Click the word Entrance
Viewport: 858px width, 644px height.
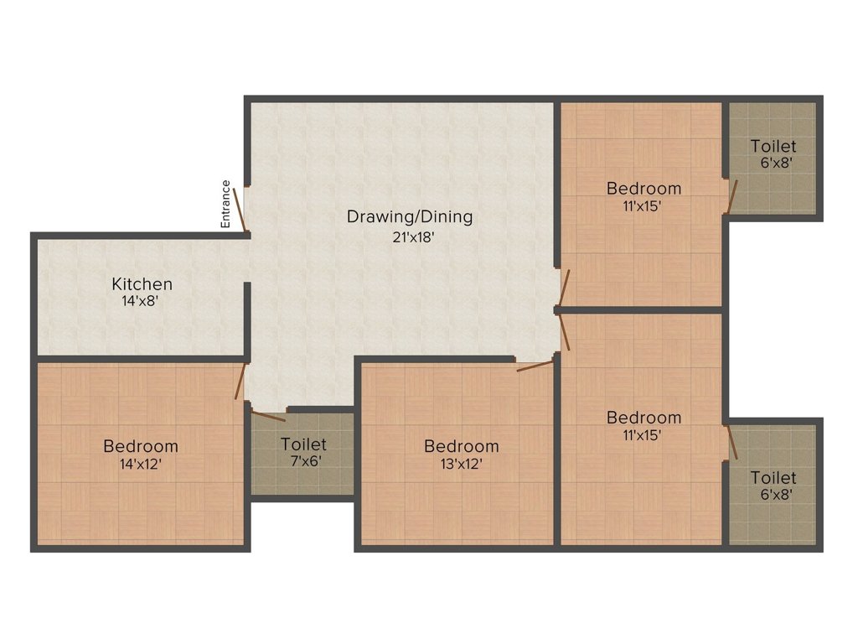coord(225,205)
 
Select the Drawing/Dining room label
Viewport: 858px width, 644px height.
coord(410,216)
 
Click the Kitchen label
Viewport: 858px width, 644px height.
coord(142,284)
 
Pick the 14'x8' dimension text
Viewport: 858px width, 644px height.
coord(141,300)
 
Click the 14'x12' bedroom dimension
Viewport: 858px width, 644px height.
coord(141,462)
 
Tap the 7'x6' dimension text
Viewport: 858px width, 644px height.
coord(303,460)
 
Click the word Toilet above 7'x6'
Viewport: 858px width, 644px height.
coord(303,444)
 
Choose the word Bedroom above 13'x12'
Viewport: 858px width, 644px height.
coord(461,446)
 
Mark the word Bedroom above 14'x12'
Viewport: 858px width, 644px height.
coord(141,446)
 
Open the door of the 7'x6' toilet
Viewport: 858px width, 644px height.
coord(268,415)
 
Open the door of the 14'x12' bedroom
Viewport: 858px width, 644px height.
coord(240,380)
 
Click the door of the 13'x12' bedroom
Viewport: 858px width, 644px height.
coord(535,365)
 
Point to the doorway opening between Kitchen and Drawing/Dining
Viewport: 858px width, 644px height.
coord(248,261)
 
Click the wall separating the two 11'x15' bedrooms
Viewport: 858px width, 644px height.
coord(641,310)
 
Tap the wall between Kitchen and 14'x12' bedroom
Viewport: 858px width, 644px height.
coord(138,359)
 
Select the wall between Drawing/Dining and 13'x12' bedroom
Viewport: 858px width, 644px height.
coord(436,359)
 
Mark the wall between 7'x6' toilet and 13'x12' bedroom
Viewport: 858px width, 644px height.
coord(358,453)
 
